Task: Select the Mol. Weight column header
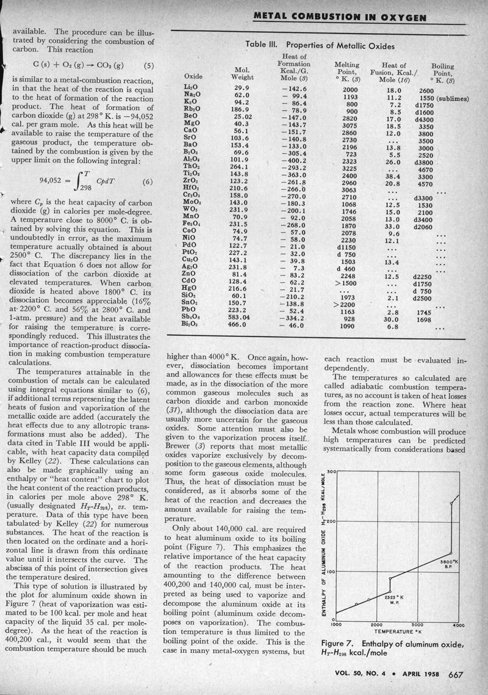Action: click(238, 73)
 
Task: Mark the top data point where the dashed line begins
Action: click(451, 503)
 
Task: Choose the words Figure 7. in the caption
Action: click(341, 645)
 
